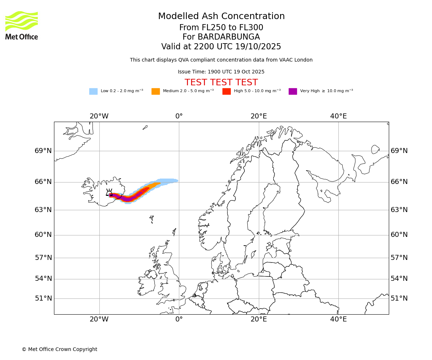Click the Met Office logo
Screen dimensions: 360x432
point(22,25)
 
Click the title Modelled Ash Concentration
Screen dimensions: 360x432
point(221,17)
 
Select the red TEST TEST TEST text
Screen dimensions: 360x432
point(221,83)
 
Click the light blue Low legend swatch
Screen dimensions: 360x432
point(93,91)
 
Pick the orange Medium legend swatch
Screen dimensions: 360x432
point(156,91)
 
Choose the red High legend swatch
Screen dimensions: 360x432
point(226,91)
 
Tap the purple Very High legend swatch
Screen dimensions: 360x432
point(293,91)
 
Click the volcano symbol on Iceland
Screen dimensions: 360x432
point(109,193)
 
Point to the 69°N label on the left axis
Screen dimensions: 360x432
point(43,151)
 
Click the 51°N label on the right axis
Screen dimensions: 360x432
point(399,298)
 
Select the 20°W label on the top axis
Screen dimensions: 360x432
point(99,116)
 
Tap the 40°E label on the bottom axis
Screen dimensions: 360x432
point(338,319)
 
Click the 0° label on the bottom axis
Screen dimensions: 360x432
point(179,319)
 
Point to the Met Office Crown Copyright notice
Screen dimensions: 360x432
point(59,350)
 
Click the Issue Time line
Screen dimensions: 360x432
point(221,72)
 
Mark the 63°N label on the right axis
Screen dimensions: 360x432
point(399,210)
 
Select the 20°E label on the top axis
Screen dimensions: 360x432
point(258,116)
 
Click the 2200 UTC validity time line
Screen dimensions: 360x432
point(221,47)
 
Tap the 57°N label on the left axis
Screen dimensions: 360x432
point(43,258)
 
